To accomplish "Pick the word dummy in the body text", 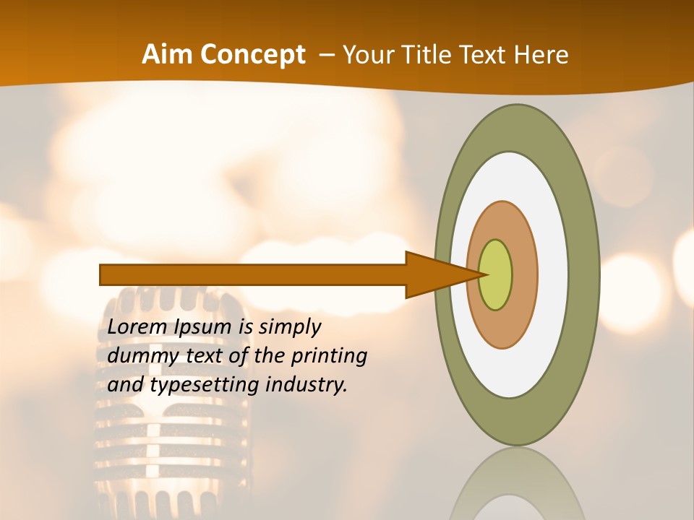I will [137, 356].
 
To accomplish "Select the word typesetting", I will [205, 385].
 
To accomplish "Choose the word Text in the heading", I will [484, 55].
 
